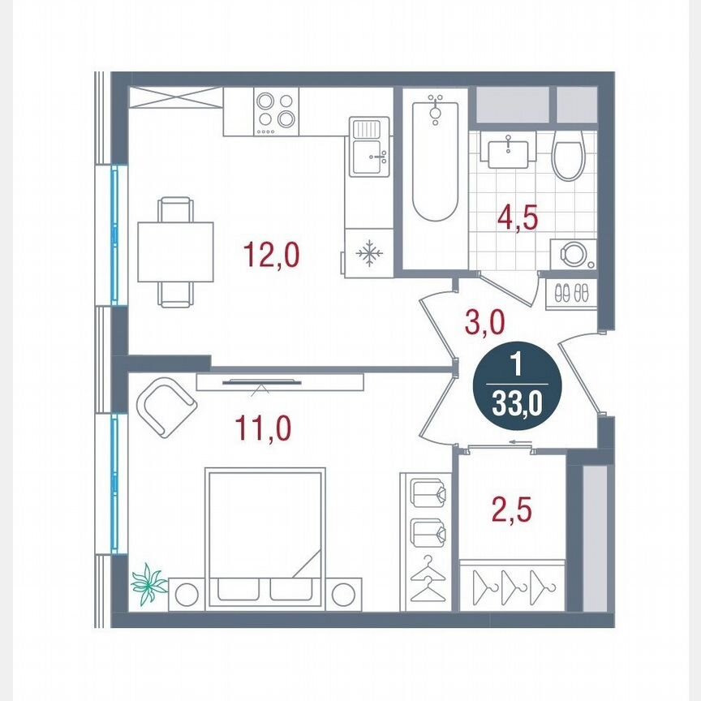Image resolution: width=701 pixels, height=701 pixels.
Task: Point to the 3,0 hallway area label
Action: [485, 323]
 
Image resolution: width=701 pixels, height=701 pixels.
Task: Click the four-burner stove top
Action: [277, 112]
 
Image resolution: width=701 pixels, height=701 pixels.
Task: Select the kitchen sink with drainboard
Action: [370, 146]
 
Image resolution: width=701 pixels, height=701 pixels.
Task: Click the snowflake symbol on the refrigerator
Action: [369, 254]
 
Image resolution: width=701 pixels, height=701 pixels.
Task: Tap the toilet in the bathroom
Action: [568, 157]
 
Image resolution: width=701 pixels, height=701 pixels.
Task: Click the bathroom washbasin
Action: [509, 150]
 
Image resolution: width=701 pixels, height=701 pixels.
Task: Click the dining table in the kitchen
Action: [175, 252]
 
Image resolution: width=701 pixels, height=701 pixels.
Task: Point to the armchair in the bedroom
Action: [166, 403]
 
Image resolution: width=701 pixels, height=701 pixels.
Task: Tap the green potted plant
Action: [149, 584]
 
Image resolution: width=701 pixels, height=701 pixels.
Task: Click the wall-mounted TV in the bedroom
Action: [259, 382]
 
